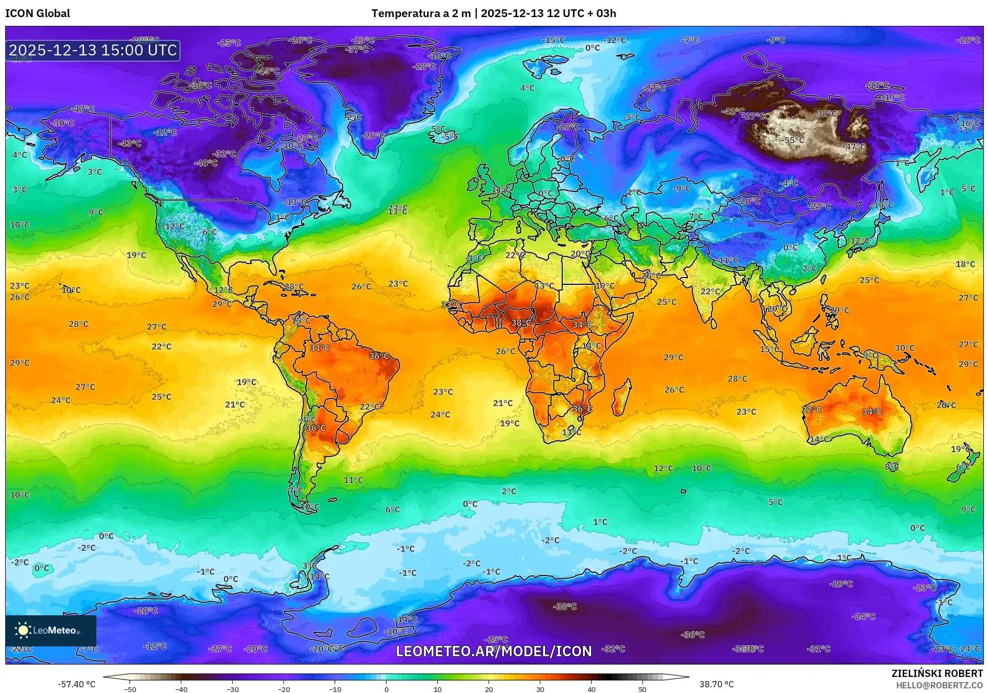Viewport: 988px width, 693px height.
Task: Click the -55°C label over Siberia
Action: click(x=793, y=140)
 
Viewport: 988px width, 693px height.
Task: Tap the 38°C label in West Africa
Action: click(x=521, y=323)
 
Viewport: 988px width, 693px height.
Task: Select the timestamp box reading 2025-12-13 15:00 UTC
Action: click(x=93, y=50)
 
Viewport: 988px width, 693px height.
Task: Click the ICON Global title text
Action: click(x=37, y=13)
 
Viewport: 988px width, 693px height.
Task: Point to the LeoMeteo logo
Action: click(x=50, y=630)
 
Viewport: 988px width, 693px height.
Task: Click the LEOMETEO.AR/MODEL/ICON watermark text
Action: click(x=493, y=651)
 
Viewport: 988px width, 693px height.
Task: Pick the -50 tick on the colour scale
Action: click(x=130, y=689)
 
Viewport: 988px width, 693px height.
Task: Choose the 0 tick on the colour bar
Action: click(x=386, y=689)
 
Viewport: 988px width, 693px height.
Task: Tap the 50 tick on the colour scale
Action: click(x=642, y=689)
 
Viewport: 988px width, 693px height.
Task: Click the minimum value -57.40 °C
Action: click(x=77, y=684)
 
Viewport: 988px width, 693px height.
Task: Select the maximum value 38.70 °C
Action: click(x=716, y=684)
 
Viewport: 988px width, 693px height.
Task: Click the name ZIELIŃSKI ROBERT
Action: click(x=937, y=673)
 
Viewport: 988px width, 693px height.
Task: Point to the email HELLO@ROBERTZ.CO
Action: click(x=939, y=685)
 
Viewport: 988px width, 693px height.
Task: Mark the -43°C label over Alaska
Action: click(x=129, y=143)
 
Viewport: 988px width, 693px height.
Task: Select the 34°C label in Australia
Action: click(x=871, y=412)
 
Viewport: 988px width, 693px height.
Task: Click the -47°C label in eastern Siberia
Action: click(x=855, y=147)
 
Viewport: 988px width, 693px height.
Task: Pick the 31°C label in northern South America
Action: click(x=320, y=348)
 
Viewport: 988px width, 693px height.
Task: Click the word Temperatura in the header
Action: click(x=405, y=13)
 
